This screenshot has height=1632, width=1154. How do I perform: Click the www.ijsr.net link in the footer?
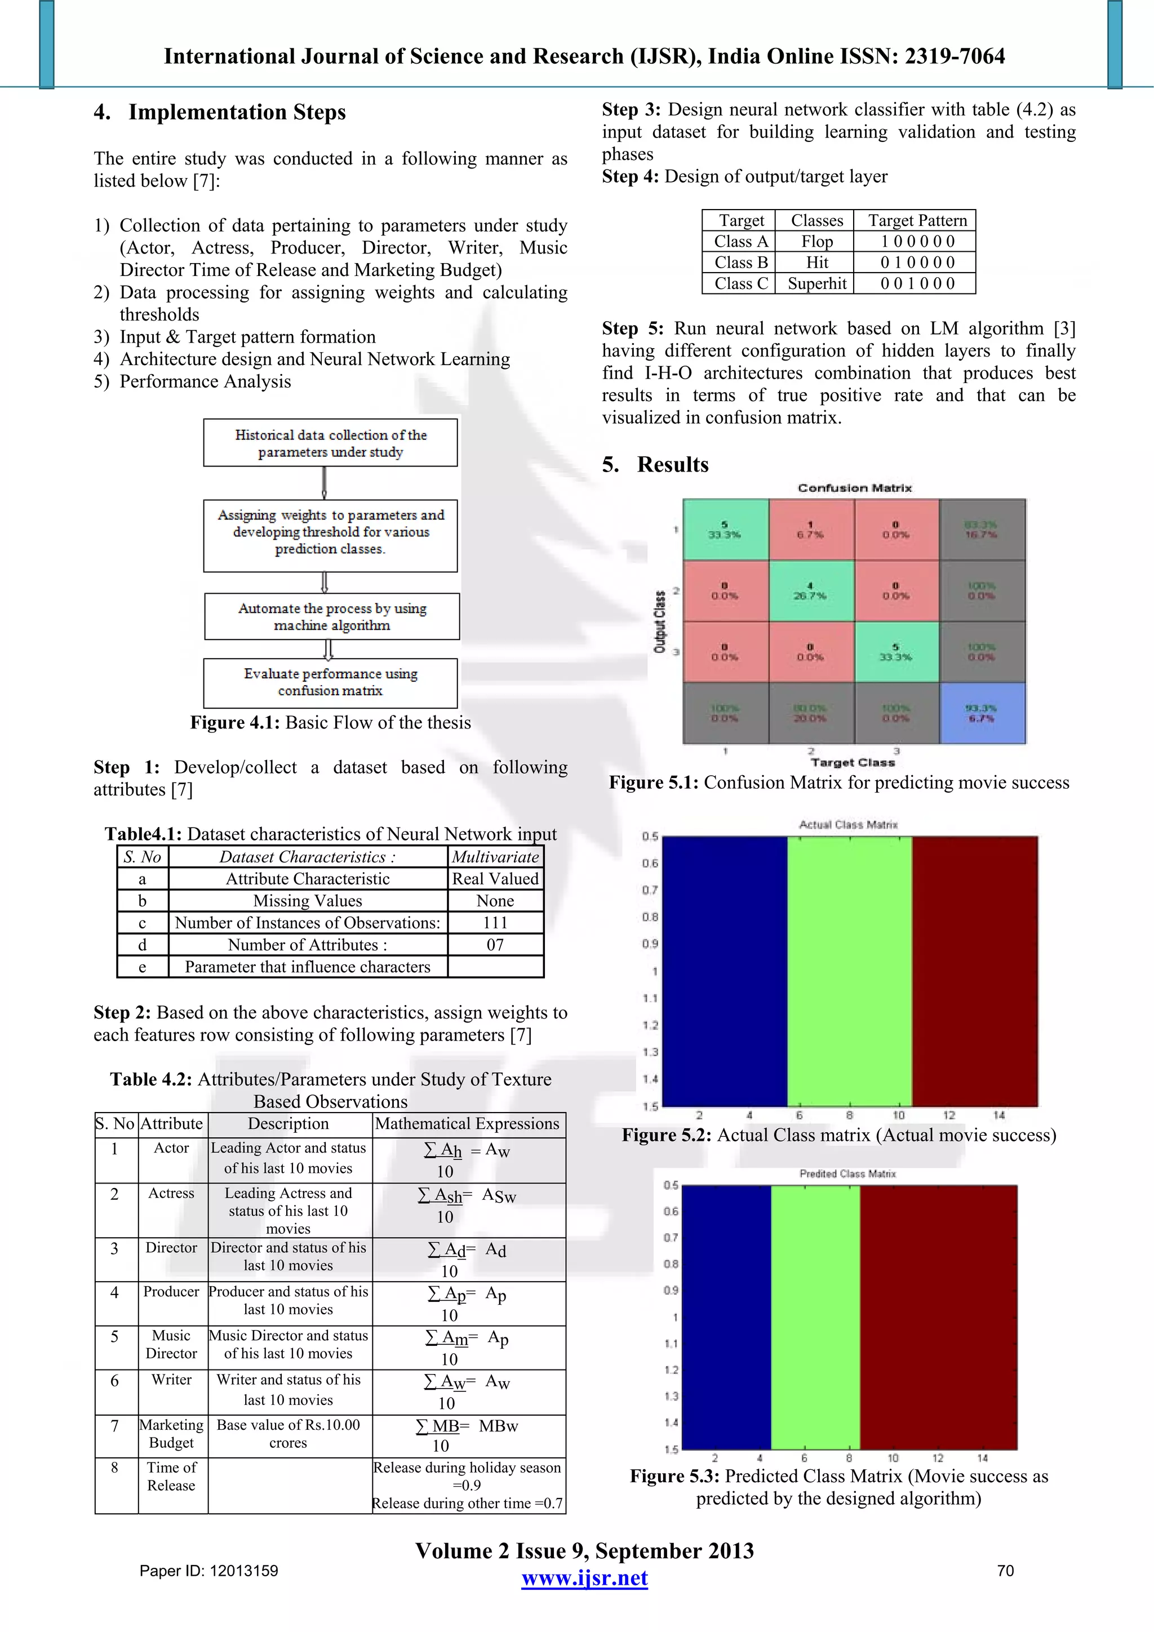[584, 1578]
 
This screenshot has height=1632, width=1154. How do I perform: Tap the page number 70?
[1005, 1571]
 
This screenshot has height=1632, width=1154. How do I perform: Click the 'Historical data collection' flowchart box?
[331, 443]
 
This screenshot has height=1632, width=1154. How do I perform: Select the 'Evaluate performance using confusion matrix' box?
[331, 682]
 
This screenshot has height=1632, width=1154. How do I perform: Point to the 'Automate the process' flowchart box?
[332, 616]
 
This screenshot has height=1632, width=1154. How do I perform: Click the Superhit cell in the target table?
[817, 283]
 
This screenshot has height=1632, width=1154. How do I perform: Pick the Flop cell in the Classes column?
[817, 242]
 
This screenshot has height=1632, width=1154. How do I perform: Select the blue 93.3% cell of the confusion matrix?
[982, 713]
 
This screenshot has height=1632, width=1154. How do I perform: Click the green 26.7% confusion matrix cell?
[811, 591]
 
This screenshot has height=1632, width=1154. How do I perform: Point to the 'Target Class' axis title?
[853, 763]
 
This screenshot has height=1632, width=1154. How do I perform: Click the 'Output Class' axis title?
[660, 622]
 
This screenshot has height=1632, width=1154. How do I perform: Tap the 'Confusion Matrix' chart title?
[854, 488]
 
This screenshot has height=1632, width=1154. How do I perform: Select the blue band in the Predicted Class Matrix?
[726, 1317]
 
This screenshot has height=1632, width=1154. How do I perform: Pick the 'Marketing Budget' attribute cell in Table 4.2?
[171, 1434]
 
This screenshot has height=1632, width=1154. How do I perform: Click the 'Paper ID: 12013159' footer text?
[208, 1571]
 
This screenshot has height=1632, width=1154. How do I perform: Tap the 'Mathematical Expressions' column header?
[467, 1124]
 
